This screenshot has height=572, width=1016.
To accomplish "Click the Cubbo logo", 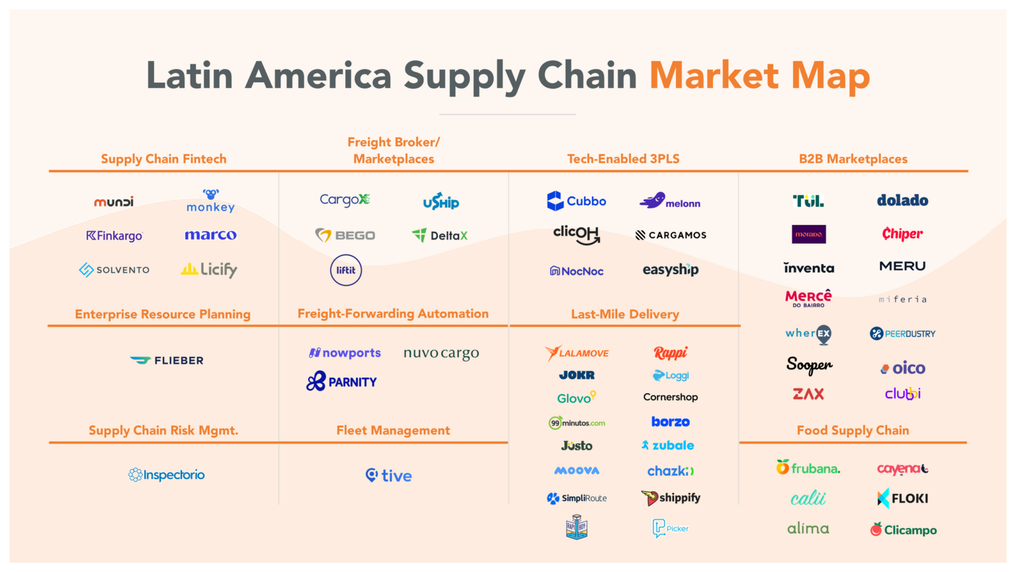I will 576,201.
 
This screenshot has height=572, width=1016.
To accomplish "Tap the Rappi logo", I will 670,353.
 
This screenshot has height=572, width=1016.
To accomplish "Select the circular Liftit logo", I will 346,270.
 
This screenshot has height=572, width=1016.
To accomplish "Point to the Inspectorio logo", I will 167,475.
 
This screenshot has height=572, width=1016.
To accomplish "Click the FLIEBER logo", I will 167,360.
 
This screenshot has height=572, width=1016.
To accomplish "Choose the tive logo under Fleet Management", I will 389,475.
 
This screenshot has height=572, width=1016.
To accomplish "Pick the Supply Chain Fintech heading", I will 163,159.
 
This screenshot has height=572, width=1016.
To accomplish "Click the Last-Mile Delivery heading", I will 625,314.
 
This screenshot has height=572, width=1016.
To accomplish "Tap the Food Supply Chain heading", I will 853,430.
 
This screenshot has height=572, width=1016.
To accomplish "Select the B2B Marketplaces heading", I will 853,159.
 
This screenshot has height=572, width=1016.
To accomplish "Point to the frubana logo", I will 808,468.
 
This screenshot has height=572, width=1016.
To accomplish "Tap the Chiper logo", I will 902,234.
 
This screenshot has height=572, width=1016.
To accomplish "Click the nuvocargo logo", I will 441,354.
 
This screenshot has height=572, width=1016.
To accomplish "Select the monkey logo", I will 210,201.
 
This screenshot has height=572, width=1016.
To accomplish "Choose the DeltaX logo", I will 440,236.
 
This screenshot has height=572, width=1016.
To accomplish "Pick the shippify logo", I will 671,498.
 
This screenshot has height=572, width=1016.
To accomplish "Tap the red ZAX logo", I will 808,394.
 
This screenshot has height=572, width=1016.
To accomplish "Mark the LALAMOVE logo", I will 577,353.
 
